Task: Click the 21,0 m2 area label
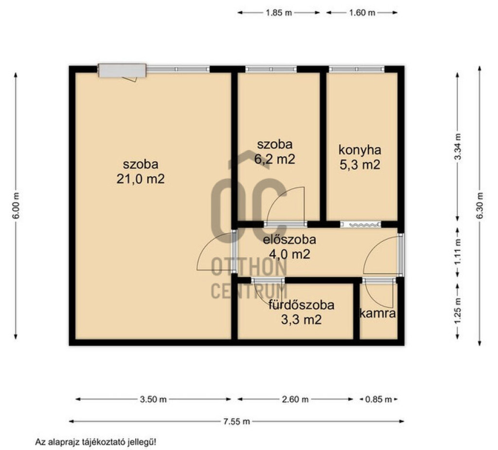point(141,179)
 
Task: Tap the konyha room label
point(360,150)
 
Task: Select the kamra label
point(377,314)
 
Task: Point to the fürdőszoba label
point(302,305)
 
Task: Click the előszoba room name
point(290,240)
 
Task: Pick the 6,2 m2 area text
point(275,159)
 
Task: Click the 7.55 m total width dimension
point(236,422)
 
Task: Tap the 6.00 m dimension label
point(17,205)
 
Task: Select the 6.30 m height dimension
point(480,206)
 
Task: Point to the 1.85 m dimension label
point(278,13)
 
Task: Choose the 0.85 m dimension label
point(378,399)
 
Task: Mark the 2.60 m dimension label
point(295,399)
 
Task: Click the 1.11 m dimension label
point(458,251)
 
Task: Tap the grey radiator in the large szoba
point(122,71)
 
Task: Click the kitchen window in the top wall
point(356,69)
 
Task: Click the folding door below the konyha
point(360,225)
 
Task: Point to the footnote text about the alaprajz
point(96,442)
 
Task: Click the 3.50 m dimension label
point(153,399)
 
